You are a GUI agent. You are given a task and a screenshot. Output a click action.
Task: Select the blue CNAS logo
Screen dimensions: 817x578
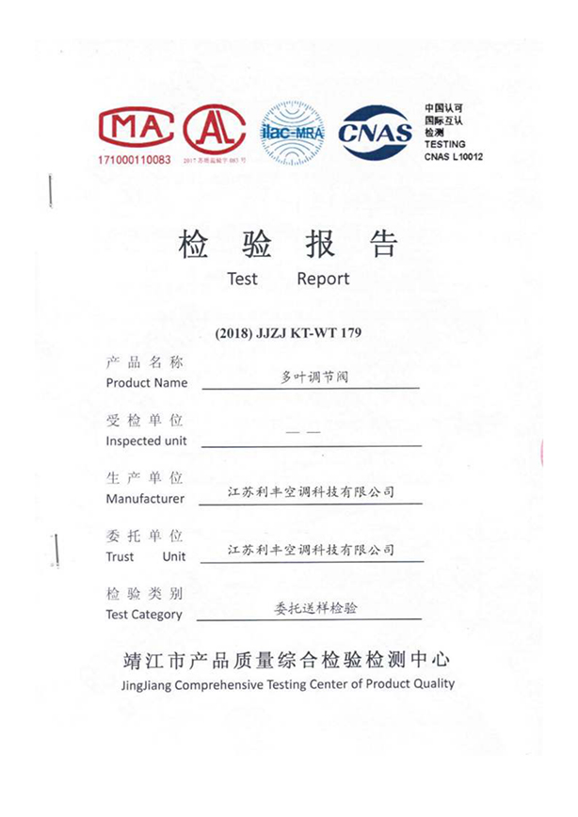pyautogui.click(x=375, y=131)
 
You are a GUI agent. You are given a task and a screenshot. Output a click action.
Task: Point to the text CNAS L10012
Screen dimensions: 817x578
pyautogui.click(x=453, y=156)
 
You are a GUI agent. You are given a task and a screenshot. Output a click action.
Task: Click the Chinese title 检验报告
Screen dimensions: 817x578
pyautogui.click(x=288, y=245)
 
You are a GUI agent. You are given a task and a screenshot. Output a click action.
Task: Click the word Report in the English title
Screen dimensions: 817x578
pyautogui.click(x=323, y=279)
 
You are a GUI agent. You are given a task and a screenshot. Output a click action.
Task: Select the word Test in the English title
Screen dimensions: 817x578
pyautogui.click(x=242, y=279)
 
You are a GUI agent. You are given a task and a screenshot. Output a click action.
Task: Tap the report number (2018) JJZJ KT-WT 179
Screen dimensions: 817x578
pyautogui.click(x=288, y=332)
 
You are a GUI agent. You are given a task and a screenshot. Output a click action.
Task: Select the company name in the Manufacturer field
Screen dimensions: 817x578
pyautogui.click(x=312, y=492)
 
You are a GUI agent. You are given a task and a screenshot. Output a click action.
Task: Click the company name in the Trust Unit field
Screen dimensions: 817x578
pyautogui.click(x=312, y=550)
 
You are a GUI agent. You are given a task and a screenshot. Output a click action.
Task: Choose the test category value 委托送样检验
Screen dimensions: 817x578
pyautogui.click(x=310, y=608)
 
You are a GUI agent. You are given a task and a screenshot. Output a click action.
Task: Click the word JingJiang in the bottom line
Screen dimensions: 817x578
pyautogui.click(x=147, y=684)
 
